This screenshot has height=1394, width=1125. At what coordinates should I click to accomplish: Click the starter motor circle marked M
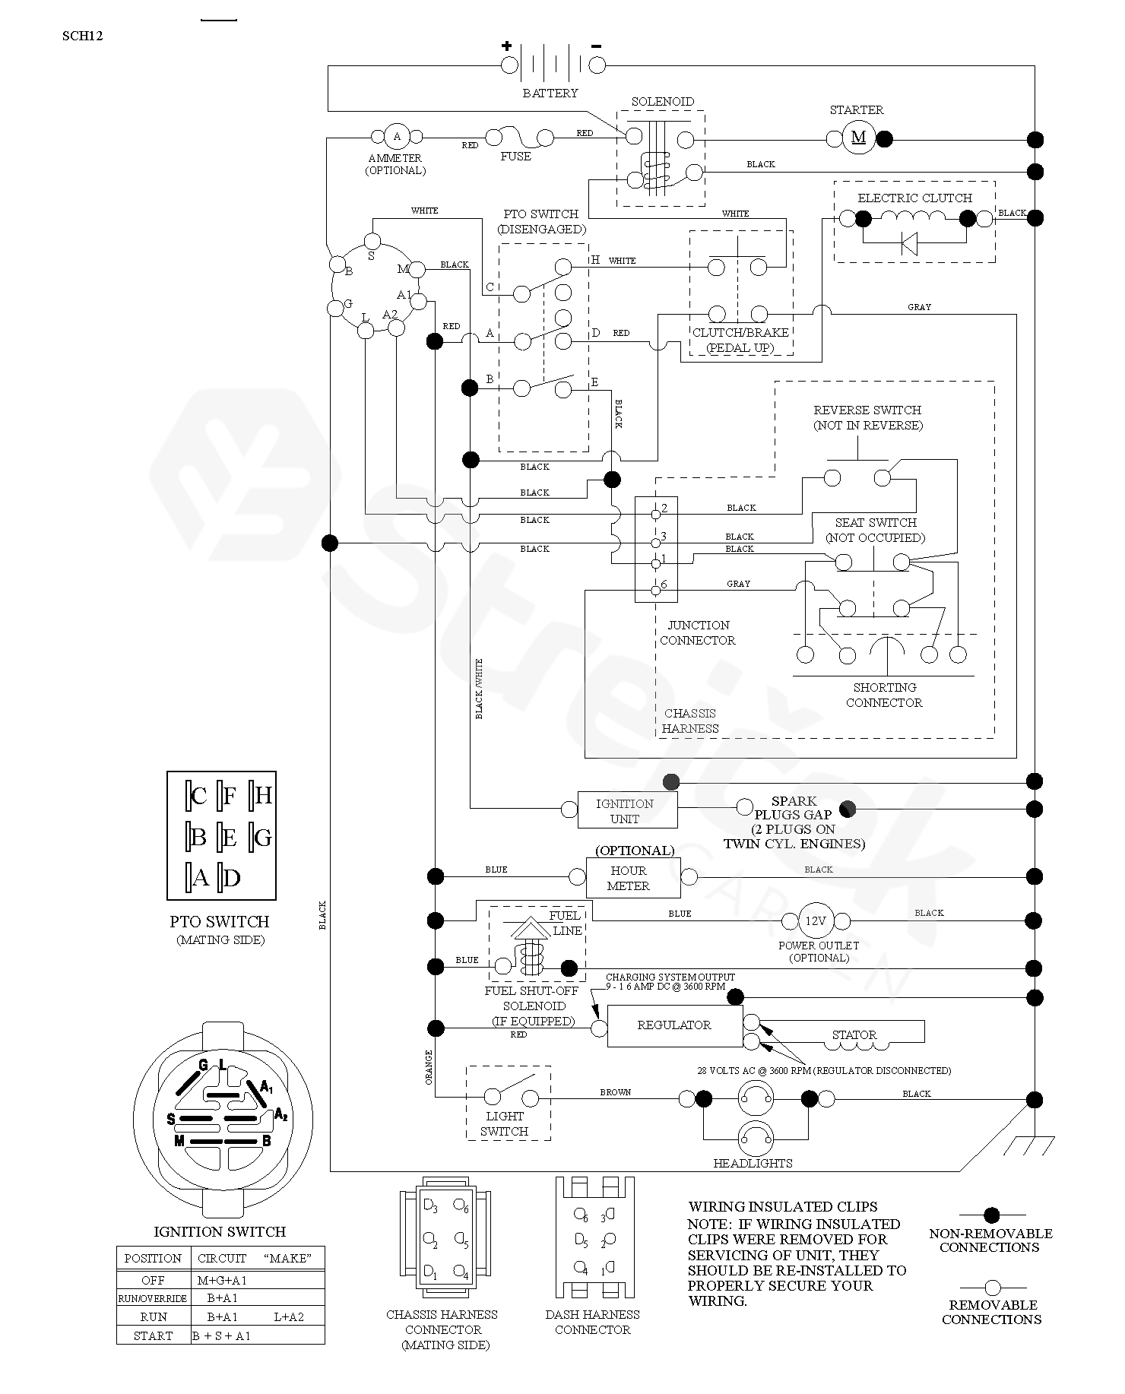[858, 138]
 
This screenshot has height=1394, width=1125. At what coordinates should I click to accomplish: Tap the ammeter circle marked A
[396, 137]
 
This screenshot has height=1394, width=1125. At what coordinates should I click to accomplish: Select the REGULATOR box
[674, 1025]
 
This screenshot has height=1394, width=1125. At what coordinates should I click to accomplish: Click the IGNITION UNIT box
[627, 810]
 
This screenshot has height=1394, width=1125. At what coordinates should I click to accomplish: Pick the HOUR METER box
[632, 878]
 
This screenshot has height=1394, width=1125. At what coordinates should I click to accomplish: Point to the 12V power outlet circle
[816, 920]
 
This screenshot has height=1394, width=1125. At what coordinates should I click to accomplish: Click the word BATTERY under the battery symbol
[550, 93]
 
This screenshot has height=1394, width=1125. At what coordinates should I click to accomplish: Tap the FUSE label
[515, 157]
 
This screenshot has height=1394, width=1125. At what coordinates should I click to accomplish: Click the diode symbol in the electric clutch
[908, 244]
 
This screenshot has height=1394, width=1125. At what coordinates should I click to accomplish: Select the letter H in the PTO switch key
[263, 796]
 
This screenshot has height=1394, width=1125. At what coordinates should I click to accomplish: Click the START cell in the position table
[153, 1335]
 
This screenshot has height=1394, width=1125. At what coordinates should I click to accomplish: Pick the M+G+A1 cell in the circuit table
[222, 1280]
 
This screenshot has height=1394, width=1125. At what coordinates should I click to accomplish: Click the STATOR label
[854, 1034]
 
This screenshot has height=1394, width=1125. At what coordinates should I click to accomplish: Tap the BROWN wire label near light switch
[615, 1092]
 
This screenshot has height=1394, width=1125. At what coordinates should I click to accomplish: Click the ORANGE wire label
[429, 1066]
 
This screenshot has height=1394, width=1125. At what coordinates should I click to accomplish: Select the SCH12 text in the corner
[82, 35]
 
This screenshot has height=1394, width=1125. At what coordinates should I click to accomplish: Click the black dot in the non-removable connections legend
[991, 1215]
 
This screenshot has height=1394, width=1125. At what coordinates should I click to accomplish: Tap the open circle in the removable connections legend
[991, 1288]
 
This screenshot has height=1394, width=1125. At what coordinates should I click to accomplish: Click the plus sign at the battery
[506, 46]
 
